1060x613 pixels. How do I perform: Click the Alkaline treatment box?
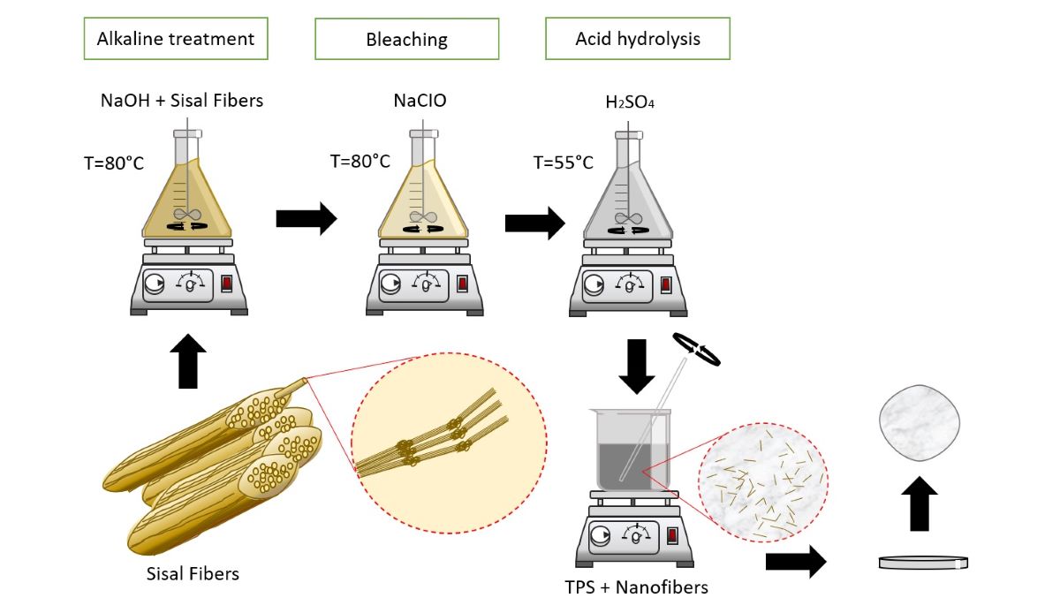click(x=176, y=39)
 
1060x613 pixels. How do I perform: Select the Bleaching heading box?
click(x=407, y=40)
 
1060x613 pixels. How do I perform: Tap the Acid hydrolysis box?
click(x=638, y=40)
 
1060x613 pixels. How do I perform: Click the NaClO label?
click(x=420, y=100)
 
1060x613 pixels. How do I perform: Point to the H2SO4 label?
click(x=629, y=102)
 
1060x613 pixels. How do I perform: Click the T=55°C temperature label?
click(x=564, y=163)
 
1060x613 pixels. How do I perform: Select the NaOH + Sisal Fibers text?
click(x=182, y=100)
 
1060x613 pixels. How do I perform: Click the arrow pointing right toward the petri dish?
click(x=795, y=562)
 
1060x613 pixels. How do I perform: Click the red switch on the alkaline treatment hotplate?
click(x=226, y=284)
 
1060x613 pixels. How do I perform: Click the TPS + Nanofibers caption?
click(x=636, y=586)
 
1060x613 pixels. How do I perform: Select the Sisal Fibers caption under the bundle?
click(x=193, y=573)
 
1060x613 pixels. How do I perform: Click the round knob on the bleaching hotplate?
click(x=390, y=284)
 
